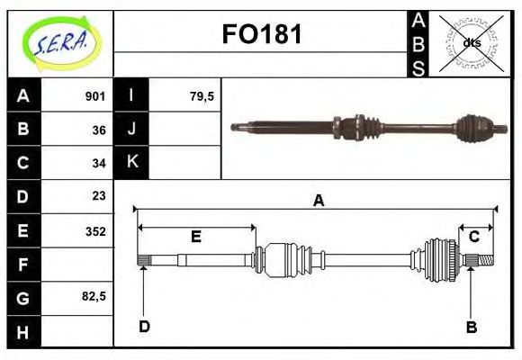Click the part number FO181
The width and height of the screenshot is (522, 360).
tap(262, 35)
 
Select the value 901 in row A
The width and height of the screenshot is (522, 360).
tap(95, 96)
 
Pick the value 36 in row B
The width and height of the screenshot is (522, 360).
tap(99, 130)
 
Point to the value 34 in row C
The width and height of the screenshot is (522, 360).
tap(99, 163)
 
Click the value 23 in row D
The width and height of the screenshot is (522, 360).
tap(99, 195)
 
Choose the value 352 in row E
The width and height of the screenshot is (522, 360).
tap(95, 230)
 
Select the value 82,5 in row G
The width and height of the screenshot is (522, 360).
tap(94, 295)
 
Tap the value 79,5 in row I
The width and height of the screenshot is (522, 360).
tap(202, 96)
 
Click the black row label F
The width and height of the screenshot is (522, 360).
tap(23, 265)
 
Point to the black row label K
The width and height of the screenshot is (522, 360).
tap(132, 162)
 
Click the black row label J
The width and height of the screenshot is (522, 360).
tap(132, 129)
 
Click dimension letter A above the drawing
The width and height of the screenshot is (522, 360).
tap(318, 201)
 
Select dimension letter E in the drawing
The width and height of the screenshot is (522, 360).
tap(195, 237)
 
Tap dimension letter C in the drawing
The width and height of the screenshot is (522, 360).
tap(473, 237)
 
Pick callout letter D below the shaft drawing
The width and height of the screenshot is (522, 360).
tap(144, 326)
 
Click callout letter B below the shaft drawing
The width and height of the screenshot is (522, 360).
tap(472, 327)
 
